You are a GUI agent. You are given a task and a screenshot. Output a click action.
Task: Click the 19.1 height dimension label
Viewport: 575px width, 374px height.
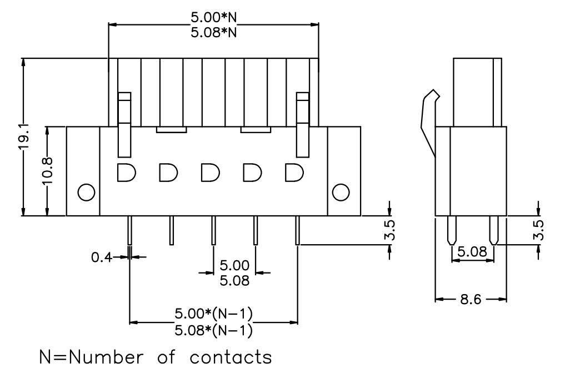click(24, 137)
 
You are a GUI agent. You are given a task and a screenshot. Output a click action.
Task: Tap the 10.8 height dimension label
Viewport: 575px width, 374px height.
click(48, 171)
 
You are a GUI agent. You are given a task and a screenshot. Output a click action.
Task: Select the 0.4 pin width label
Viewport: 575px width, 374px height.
click(102, 257)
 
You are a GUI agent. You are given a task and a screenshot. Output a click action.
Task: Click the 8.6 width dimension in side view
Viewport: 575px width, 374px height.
click(471, 300)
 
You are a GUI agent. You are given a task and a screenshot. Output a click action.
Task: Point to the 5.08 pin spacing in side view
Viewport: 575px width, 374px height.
click(473, 252)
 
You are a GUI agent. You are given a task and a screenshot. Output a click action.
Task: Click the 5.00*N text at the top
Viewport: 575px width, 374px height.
click(214, 17)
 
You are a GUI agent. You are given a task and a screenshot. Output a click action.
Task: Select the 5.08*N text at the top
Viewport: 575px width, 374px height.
click(214, 33)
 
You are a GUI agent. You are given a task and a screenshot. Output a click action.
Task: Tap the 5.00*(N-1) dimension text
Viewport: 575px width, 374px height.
click(214, 314)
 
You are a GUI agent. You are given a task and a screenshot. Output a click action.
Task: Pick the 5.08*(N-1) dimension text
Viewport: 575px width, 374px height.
click(214, 330)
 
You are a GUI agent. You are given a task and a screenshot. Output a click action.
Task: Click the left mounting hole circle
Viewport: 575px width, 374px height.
click(87, 193)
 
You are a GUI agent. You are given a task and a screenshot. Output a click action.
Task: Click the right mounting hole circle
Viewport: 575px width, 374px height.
click(341, 193)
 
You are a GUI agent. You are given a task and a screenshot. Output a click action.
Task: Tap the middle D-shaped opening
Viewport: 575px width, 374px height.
click(211, 173)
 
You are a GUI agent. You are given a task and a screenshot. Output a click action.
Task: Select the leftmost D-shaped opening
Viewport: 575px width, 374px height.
click(127, 173)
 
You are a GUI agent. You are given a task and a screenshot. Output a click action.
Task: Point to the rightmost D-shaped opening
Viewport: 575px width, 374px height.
click(294, 173)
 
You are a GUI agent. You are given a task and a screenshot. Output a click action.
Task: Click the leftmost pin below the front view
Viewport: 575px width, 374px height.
click(129, 230)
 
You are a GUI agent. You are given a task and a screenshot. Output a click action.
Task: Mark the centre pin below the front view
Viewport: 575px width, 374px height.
click(213, 230)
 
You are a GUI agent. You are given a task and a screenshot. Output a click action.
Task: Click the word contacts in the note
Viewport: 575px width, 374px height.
click(231, 357)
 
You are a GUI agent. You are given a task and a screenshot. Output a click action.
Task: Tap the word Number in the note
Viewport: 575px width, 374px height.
click(106, 357)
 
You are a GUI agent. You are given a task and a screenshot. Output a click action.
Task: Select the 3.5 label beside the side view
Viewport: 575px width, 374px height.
click(538, 230)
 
